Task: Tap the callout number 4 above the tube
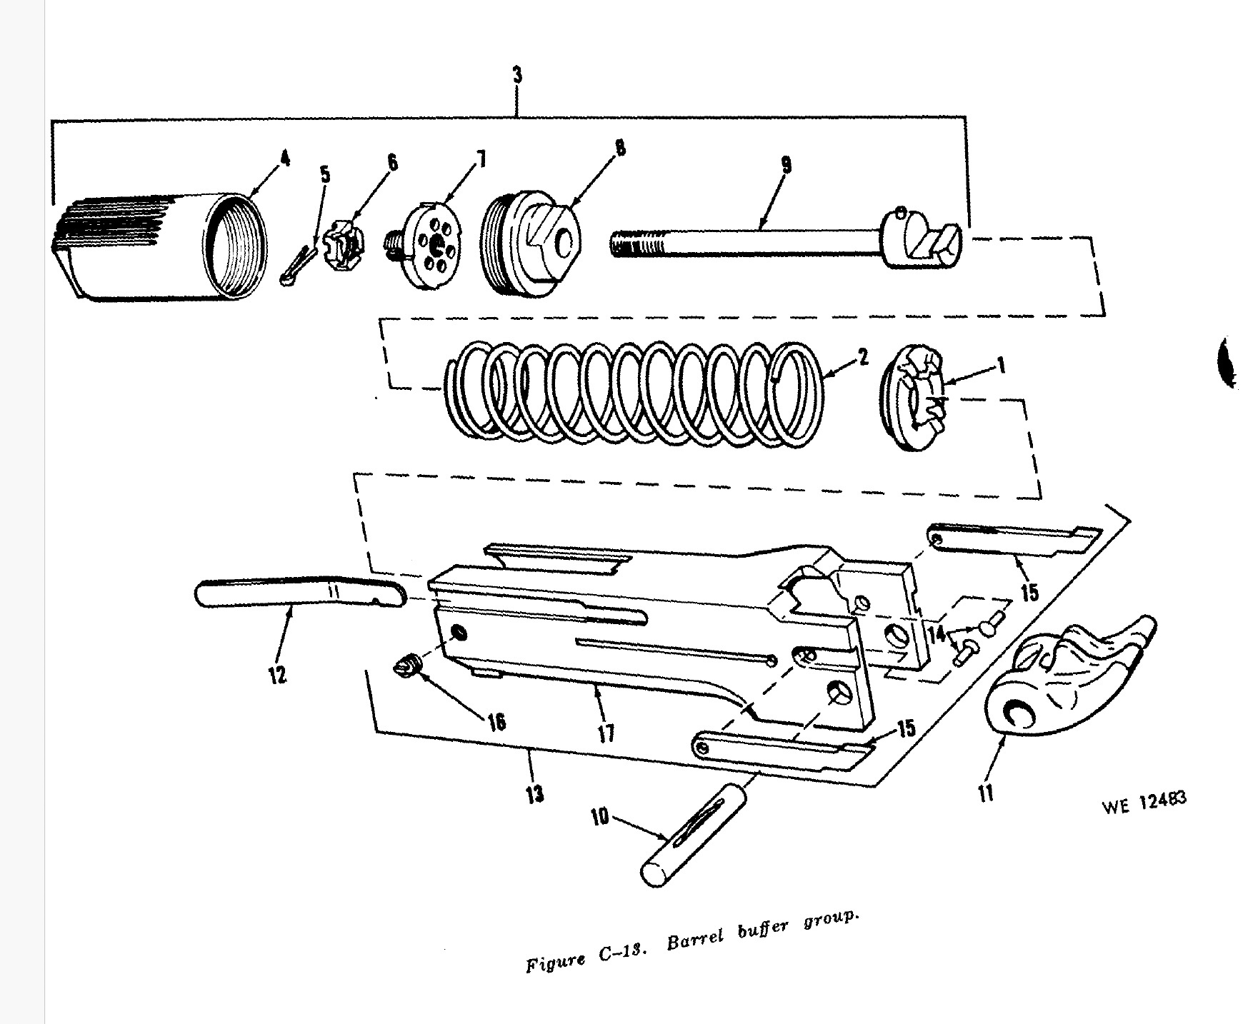[284, 159]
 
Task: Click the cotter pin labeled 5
[298, 266]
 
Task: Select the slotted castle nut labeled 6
[345, 246]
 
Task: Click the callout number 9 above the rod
[786, 166]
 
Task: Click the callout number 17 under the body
[606, 732]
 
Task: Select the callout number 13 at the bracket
[534, 793]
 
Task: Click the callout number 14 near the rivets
[936, 632]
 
